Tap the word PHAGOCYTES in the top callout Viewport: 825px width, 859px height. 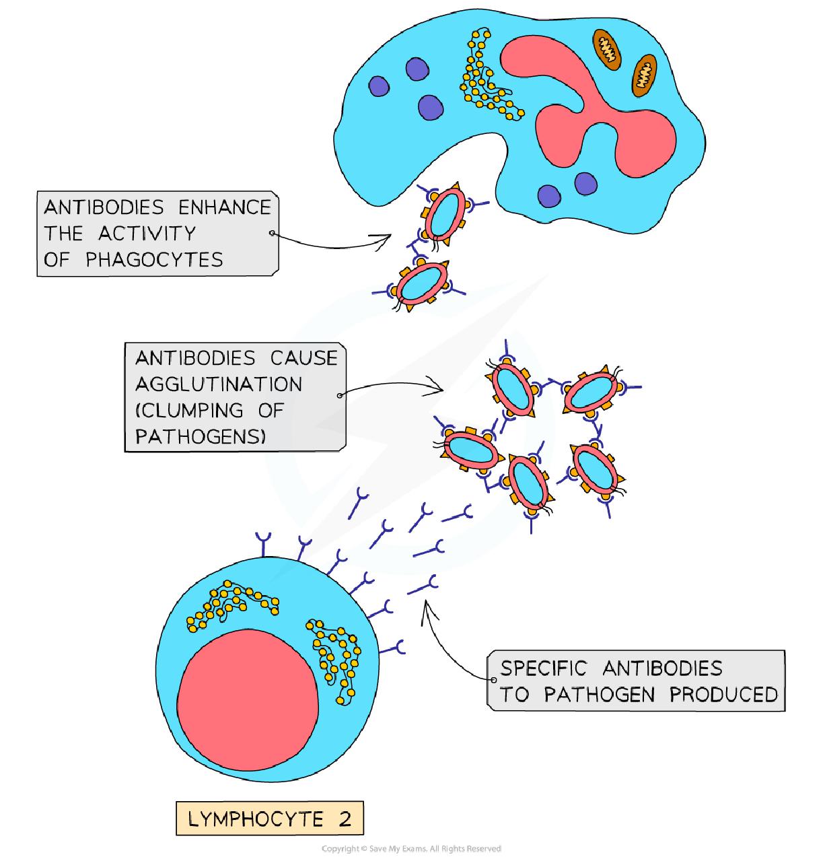pos(154,260)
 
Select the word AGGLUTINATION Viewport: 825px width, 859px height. pos(219,384)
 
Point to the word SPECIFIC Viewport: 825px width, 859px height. pos(543,668)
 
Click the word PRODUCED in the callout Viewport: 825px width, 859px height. pos(723,694)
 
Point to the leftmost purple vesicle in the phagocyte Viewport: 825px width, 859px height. pos(379,86)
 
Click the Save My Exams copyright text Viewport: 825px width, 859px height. pos(411,848)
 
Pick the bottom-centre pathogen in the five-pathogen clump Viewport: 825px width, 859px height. pos(528,480)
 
